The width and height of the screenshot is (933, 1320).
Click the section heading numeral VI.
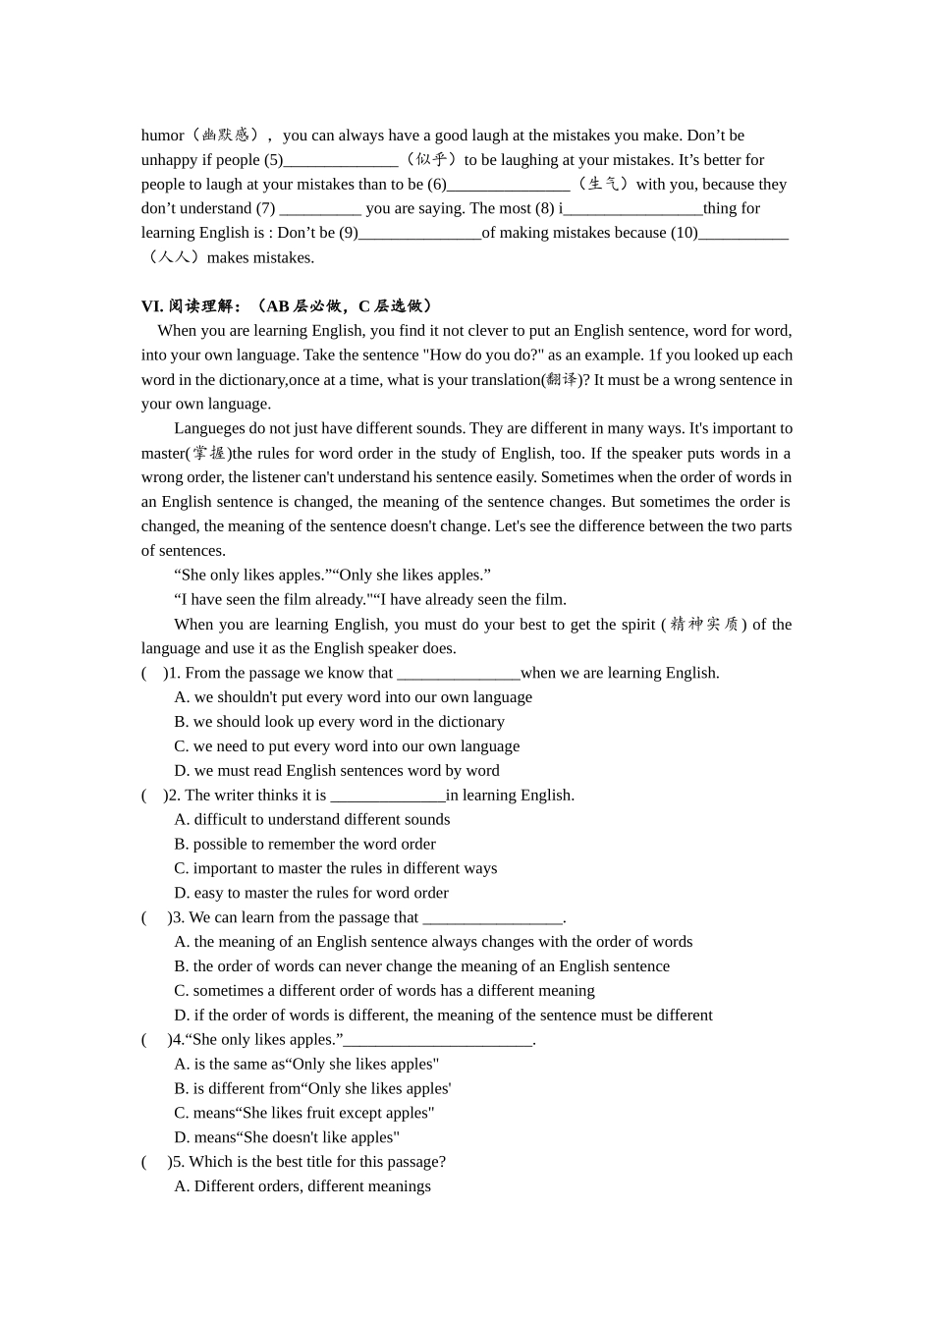pyautogui.click(x=152, y=306)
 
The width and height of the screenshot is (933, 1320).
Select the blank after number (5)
pyautogui.click(x=341, y=160)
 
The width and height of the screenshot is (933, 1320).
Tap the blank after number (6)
pyautogui.click(x=508, y=185)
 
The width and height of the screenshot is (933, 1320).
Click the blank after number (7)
pyautogui.click(x=320, y=209)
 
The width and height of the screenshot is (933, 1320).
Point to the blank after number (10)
pyautogui.click(x=743, y=234)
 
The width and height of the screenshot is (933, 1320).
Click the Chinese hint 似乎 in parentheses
pyautogui.click(x=431, y=160)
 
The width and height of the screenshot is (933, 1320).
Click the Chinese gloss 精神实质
pyautogui.click(x=704, y=625)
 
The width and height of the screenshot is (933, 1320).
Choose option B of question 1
pyautogui.click(x=339, y=722)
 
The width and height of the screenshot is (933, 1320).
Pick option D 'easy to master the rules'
pyautogui.click(x=311, y=893)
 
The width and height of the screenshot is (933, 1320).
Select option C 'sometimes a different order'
pyautogui.click(x=384, y=991)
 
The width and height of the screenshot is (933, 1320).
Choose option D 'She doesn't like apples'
pyautogui.click(x=287, y=1137)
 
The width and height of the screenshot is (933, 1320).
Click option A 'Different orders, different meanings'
pyautogui.click(x=302, y=1186)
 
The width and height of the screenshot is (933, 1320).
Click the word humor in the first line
pyautogui.click(x=162, y=136)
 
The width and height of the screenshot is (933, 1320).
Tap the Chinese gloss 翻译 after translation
pyautogui.click(x=563, y=380)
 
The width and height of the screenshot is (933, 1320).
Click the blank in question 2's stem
pyautogui.click(x=388, y=796)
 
